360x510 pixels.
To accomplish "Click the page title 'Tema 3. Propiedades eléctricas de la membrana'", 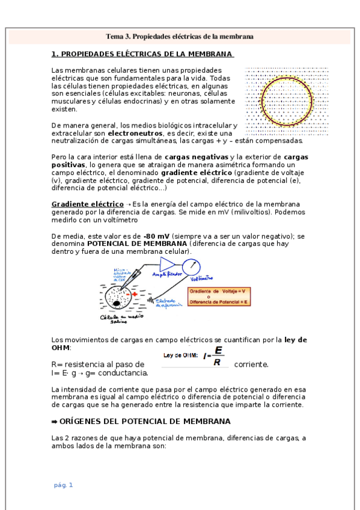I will [x=180, y=37].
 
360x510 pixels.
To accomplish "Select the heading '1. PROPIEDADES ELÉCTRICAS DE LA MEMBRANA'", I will [x=142, y=54].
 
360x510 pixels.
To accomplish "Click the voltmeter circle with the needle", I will [x=192, y=265].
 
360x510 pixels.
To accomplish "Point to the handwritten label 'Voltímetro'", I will [x=202, y=278].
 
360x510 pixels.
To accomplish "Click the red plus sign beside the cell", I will [x=136, y=295].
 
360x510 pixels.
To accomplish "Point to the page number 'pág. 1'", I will [x=63, y=485].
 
